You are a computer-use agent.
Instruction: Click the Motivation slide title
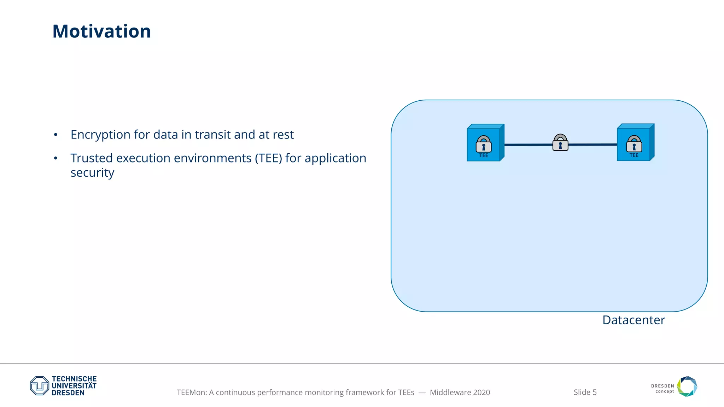point(101,31)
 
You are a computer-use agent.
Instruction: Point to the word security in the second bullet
point(92,173)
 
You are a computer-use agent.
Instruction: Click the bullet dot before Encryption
point(56,135)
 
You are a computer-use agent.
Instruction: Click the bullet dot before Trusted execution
point(56,159)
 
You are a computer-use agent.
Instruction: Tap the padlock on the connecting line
point(560,143)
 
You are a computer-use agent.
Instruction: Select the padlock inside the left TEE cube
point(484,144)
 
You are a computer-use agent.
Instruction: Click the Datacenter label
point(633,320)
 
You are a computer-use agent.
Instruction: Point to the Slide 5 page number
point(585,392)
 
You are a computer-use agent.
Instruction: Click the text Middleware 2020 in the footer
point(460,392)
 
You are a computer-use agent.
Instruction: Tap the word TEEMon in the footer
point(191,392)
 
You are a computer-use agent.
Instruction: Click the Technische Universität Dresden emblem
point(40,385)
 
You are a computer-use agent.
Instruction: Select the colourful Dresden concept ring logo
point(687,386)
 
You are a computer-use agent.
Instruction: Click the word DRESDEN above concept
point(662,386)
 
